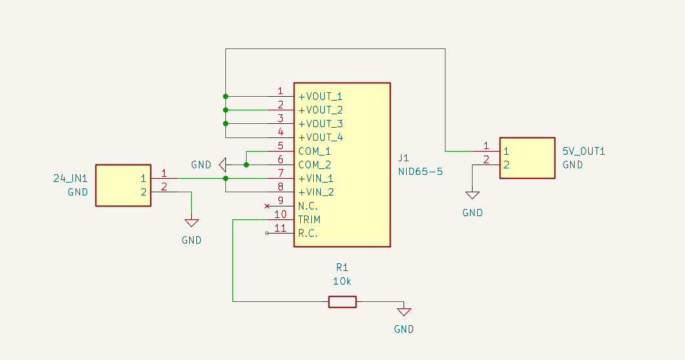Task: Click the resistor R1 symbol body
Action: coord(342,301)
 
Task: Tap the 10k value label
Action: coord(342,281)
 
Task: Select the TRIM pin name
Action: coord(309,219)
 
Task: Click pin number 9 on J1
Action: coord(280,201)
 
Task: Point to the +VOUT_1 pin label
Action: coord(320,96)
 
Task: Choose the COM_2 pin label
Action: coord(314,165)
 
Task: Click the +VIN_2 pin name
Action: coord(316,192)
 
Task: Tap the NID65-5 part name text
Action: coord(420,172)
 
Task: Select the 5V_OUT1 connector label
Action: coord(584,152)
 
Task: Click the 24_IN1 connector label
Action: coord(70,179)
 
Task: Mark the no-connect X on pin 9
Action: coord(267,206)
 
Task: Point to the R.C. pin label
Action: coord(308,234)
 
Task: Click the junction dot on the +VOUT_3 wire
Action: coord(225,124)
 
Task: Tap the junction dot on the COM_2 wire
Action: coord(246,165)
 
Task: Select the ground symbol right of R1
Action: coord(404,312)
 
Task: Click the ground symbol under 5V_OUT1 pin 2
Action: coord(472,195)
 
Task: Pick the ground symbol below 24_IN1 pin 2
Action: coord(191,223)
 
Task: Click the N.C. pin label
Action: coord(308,206)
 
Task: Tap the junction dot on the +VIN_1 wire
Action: coord(225,179)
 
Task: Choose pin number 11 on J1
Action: coord(280,228)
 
